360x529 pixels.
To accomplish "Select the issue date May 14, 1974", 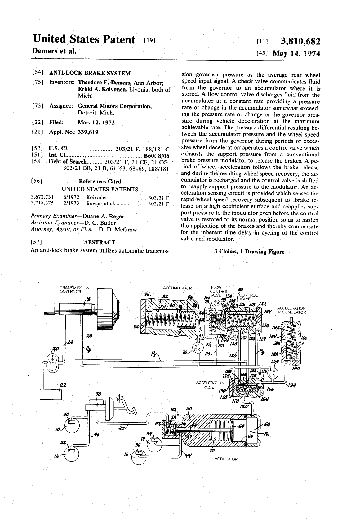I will [x=296, y=53].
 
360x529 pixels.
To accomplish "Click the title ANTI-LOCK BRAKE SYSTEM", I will [x=90, y=73].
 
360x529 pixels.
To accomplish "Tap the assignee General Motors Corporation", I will [x=115, y=106].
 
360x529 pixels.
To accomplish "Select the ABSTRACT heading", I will [x=100, y=242].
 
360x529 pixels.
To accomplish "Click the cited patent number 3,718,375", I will [x=42, y=204].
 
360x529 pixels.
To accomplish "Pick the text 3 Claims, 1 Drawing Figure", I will [x=249, y=252].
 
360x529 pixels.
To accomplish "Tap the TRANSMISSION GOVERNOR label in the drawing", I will [x=74, y=289].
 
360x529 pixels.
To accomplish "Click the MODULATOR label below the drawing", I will [x=226, y=459].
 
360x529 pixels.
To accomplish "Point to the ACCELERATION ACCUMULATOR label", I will [x=291, y=310].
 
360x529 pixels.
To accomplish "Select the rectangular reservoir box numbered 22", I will [x=51, y=394].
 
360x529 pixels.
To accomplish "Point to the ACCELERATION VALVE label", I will [x=210, y=385].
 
